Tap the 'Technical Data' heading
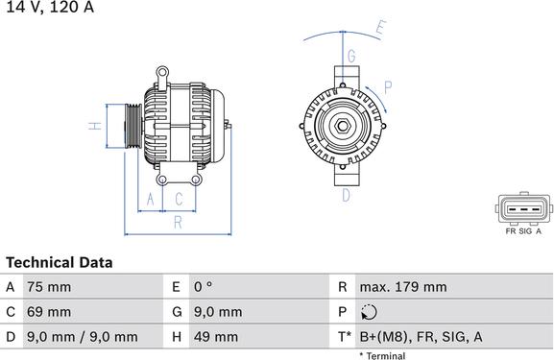(x=59, y=262)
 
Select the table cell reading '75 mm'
(x=47, y=287)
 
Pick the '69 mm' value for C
(x=47, y=312)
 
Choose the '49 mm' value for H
(x=217, y=337)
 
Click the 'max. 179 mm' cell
(x=402, y=287)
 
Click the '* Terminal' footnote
(x=382, y=355)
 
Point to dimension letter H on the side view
(x=94, y=126)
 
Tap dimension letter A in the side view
(x=149, y=200)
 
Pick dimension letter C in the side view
(x=179, y=200)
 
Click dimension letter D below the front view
(x=346, y=196)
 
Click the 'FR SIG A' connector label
(x=523, y=231)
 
